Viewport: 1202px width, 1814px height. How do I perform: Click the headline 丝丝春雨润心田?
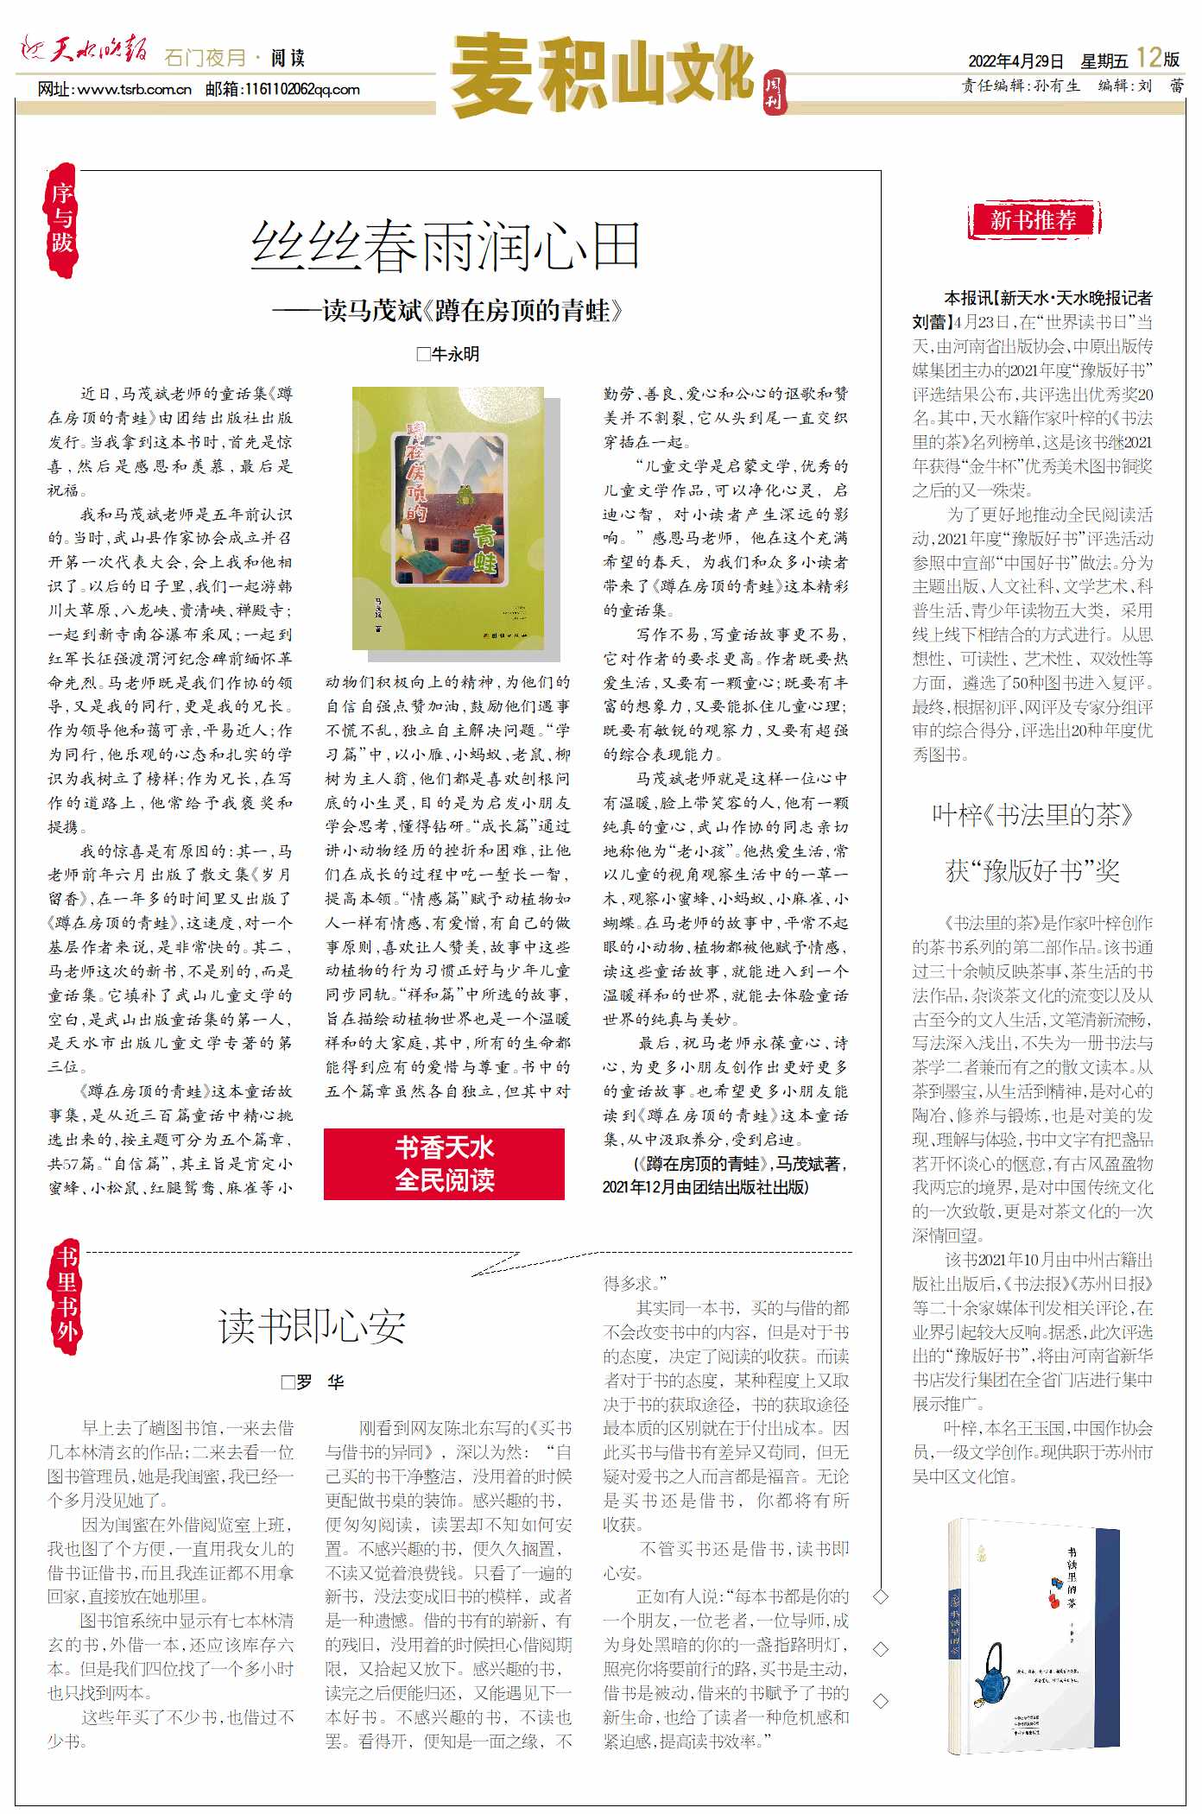445,246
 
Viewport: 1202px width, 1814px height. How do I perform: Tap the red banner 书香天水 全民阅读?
444,1163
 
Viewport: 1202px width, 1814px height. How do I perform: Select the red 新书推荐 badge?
1033,220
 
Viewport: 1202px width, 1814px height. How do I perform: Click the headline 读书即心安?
312,1326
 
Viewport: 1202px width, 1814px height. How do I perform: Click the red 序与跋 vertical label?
61,218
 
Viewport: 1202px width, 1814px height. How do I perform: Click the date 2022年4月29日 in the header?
1015,61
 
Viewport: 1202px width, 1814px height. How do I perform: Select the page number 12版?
1157,58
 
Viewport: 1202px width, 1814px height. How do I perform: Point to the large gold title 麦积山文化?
602,74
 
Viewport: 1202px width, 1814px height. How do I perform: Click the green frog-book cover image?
448,517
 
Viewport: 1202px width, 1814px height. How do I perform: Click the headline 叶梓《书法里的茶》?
1032,815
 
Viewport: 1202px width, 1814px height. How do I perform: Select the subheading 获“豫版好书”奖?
1032,870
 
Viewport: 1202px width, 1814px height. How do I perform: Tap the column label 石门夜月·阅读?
234,58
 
